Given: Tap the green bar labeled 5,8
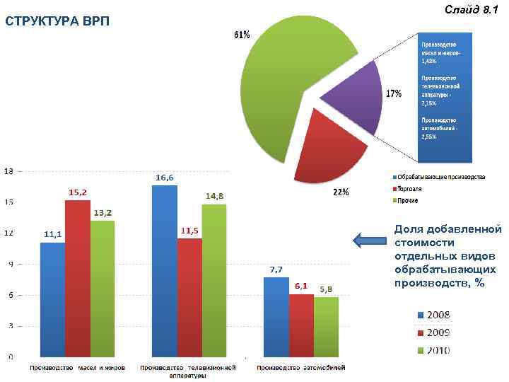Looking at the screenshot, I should click(326, 326).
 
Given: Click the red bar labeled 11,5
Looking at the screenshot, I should click(189, 297).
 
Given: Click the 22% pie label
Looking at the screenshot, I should click(340, 192).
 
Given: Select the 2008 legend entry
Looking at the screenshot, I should click(432, 315).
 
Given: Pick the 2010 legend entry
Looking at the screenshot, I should click(432, 350).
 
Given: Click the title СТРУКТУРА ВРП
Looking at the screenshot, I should click(57, 19).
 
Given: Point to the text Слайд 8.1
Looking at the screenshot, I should click(472, 9).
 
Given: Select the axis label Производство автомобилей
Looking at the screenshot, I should click(300, 368).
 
